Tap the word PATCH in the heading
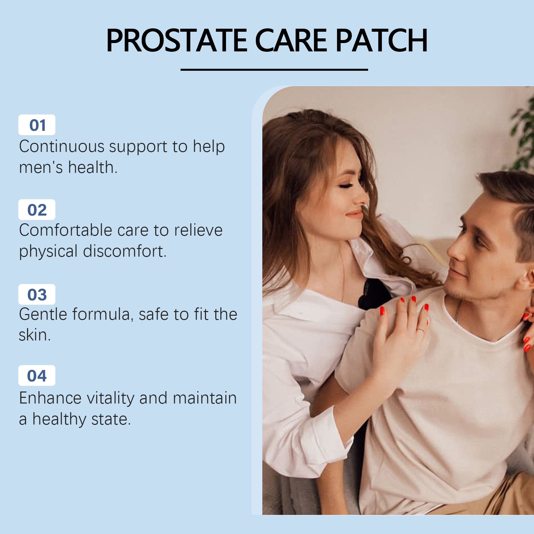381,40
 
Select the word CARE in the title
291,40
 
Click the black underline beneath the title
274,70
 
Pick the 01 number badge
37,125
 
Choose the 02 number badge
37,210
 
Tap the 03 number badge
37,294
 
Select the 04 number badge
37,375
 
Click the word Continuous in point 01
62,147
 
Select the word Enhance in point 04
50,398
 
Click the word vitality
110,398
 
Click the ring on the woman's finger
421,330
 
